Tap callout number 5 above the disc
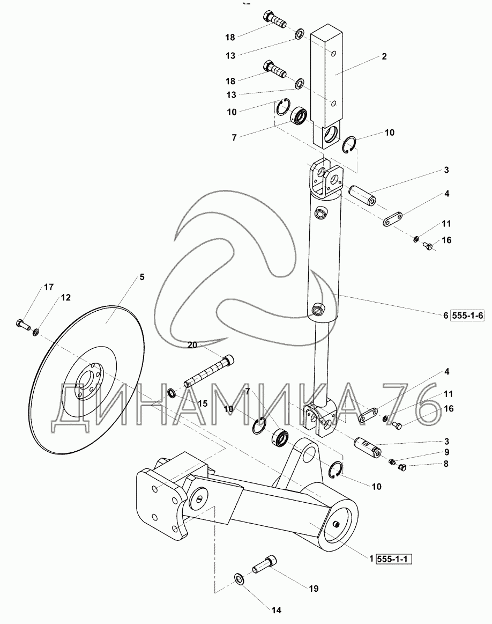click(142, 277)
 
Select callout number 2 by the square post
click(384, 56)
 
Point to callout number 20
click(192, 346)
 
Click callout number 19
click(314, 589)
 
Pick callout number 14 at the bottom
click(277, 610)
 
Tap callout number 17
click(48, 287)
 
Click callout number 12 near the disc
click(65, 297)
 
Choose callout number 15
click(203, 403)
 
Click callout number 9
click(446, 452)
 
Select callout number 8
click(446, 464)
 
